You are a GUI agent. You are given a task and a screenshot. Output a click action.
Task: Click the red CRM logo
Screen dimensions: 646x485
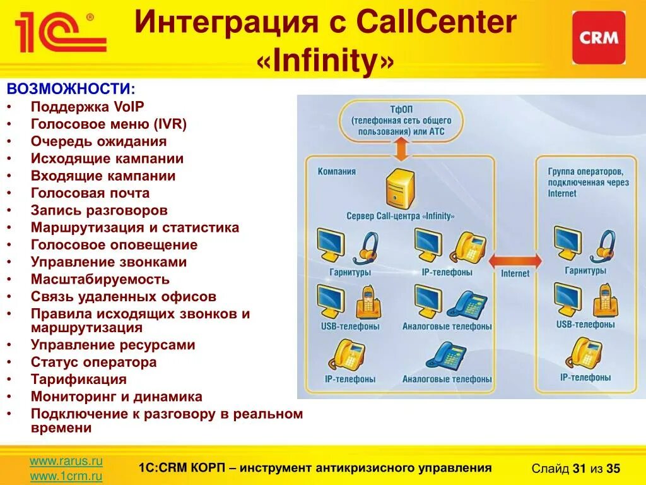pos(599,37)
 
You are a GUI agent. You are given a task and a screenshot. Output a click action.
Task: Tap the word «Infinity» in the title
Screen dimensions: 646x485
pos(326,62)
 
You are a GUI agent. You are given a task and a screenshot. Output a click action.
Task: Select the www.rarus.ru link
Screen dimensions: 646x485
pos(66,462)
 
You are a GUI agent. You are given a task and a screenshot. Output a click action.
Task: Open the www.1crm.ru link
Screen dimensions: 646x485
pos(66,477)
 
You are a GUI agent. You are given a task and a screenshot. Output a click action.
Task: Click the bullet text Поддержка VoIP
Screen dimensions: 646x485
pos(88,107)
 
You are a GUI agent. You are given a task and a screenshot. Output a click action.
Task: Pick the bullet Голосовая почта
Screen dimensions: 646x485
pos(90,193)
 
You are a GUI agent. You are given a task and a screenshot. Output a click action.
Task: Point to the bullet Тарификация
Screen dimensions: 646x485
pos(79,380)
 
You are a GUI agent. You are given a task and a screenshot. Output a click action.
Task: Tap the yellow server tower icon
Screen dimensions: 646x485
pos(399,189)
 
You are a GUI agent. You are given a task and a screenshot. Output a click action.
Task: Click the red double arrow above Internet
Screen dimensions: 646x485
pos(515,260)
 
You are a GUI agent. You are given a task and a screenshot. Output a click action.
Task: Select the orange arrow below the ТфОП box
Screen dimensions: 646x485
pos(400,150)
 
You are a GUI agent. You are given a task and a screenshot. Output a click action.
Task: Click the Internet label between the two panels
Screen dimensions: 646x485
pos(515,273)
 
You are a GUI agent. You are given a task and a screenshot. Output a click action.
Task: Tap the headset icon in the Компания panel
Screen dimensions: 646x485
pos(365,248)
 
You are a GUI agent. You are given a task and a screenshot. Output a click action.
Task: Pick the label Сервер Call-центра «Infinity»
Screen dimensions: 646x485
pos(400,216)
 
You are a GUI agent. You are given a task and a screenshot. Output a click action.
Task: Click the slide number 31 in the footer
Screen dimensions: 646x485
pos(579,469)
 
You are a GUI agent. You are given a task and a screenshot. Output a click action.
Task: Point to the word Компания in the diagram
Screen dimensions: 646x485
pos(337,171)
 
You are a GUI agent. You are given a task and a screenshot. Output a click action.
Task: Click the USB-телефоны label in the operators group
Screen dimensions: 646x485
pos(585,324)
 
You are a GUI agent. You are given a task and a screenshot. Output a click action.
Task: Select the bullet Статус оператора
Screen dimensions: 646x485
pos(93,362)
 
